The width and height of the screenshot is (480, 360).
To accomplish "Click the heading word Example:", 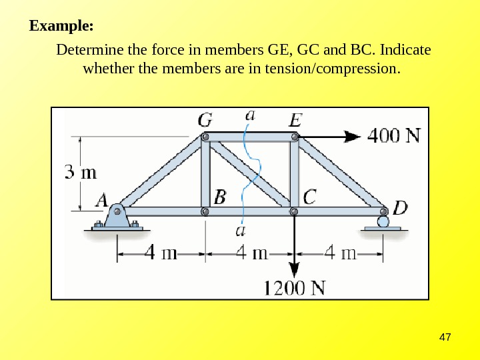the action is pyautogui.click(x=61, y=27).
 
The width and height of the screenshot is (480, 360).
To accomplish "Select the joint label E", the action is pyautogui.click(x=295, y=121).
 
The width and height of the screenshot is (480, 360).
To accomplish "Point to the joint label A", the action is pyautogui.click(x=103, y=199).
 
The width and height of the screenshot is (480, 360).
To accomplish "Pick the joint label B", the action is pyautogui.click(x=220, y=197).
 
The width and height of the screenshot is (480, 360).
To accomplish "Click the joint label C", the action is pyautogui.click(x=310, y=197).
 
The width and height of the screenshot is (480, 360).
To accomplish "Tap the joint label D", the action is pyautogui.click(x=399, y=208).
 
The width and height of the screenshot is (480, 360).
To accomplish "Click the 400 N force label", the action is pyautogui.click(x=395, y=135).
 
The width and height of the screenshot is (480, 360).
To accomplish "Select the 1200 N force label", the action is pyautogui.click(x=295, y=289).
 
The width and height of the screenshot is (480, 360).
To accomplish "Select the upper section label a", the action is pyautogui.click(x=250, y=115).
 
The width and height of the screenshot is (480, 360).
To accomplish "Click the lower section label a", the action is pyautogui.click(x=242, y=231).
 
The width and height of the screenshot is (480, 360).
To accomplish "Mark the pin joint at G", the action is pyautogui.click(x=206, y=137).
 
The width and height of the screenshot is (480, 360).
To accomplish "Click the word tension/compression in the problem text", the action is pyautogui.click(x=334, y=69).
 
